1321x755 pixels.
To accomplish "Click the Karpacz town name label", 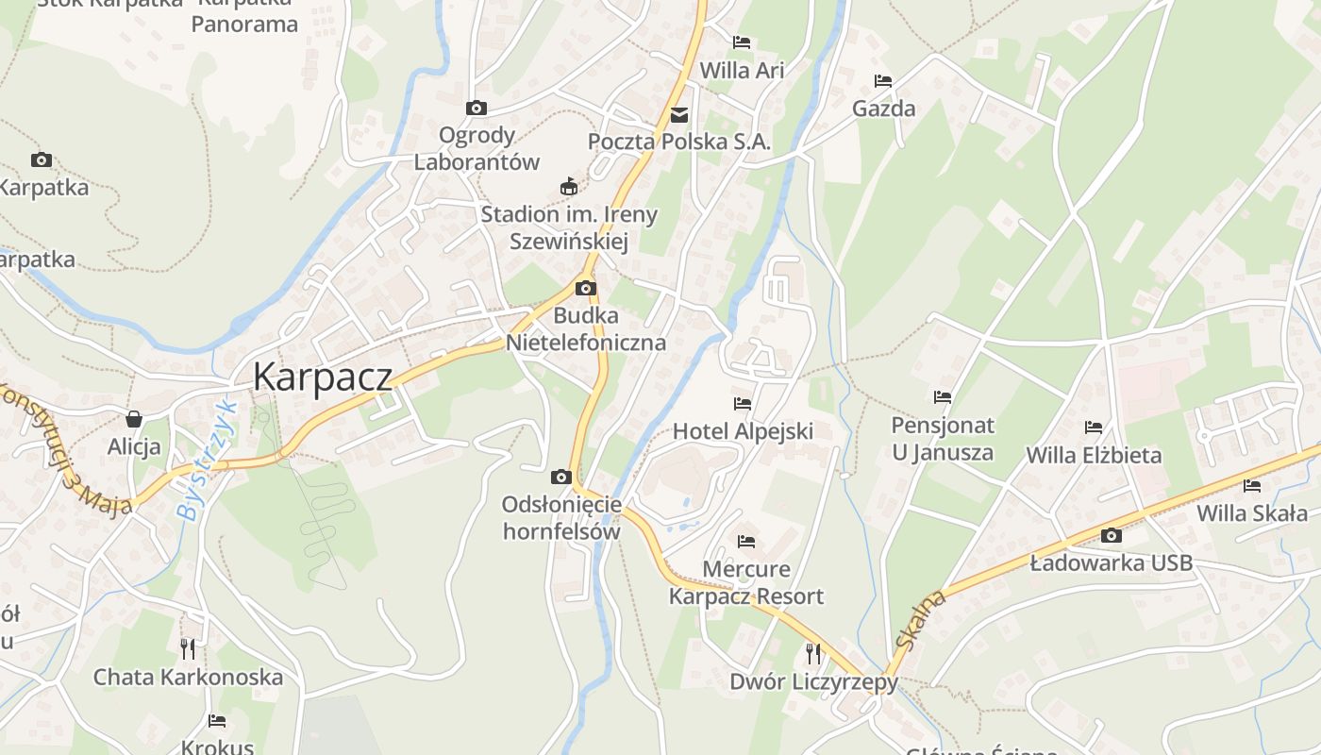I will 323,377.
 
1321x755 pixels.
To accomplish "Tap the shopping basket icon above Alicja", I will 134,418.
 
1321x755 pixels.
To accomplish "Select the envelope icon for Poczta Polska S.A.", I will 679,115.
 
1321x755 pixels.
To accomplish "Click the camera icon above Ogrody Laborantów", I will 477,108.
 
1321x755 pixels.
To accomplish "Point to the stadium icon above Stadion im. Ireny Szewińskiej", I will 568,186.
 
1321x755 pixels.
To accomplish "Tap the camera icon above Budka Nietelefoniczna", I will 586,288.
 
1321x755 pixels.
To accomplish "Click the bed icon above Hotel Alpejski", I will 743,404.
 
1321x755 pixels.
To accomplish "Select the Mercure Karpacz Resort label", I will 746,582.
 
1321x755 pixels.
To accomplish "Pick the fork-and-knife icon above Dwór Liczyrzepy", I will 813,653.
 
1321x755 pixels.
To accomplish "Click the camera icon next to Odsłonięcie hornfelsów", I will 561,477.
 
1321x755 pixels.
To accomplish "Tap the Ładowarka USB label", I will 1111,563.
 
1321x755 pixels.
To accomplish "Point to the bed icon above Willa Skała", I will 1252,486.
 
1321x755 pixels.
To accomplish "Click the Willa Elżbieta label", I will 1094,455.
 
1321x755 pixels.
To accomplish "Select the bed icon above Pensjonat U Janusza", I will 943,397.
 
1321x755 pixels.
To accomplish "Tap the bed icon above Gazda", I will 883,81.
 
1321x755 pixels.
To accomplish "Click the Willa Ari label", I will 742,70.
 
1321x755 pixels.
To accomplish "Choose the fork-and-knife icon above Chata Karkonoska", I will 188,648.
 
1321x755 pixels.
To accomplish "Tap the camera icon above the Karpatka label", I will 42,159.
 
